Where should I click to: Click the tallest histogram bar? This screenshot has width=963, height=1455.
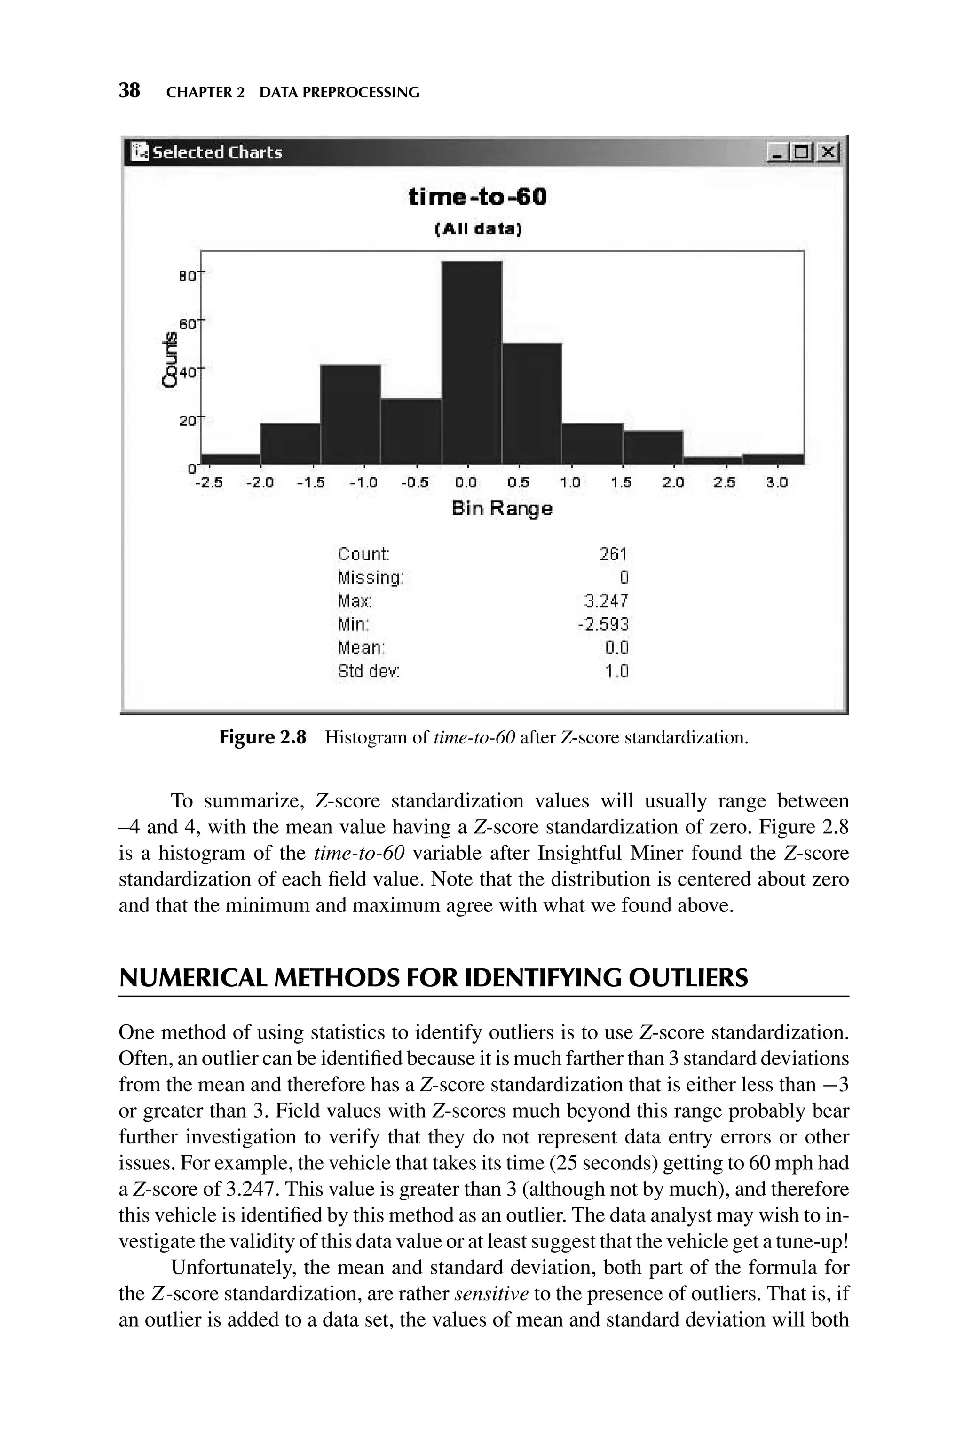click(471, 362)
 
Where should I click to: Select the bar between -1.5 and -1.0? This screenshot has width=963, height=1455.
click(350, 415)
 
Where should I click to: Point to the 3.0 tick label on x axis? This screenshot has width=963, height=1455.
click(776, 482)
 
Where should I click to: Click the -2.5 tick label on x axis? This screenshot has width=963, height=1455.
click(208, 482)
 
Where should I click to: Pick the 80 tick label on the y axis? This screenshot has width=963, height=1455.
click(187, 277)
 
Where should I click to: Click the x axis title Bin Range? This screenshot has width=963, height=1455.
click(502, 509)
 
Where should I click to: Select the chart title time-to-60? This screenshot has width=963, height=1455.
click(477, 197)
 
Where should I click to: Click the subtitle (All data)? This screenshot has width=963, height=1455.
click(478, 230)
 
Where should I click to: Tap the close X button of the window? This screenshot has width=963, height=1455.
click(829, 151)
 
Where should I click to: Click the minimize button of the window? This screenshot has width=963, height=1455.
click(776, 151)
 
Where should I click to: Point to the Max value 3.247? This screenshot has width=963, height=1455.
click(607, 601)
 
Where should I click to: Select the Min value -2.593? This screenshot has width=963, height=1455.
click(603, 624)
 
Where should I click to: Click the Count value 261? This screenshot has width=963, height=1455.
click(614, 554)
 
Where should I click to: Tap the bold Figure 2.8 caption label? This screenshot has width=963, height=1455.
click(262, 737)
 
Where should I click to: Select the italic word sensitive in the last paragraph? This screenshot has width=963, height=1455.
click(491, 1294)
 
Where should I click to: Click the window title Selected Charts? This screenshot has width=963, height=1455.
click(217, 152)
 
